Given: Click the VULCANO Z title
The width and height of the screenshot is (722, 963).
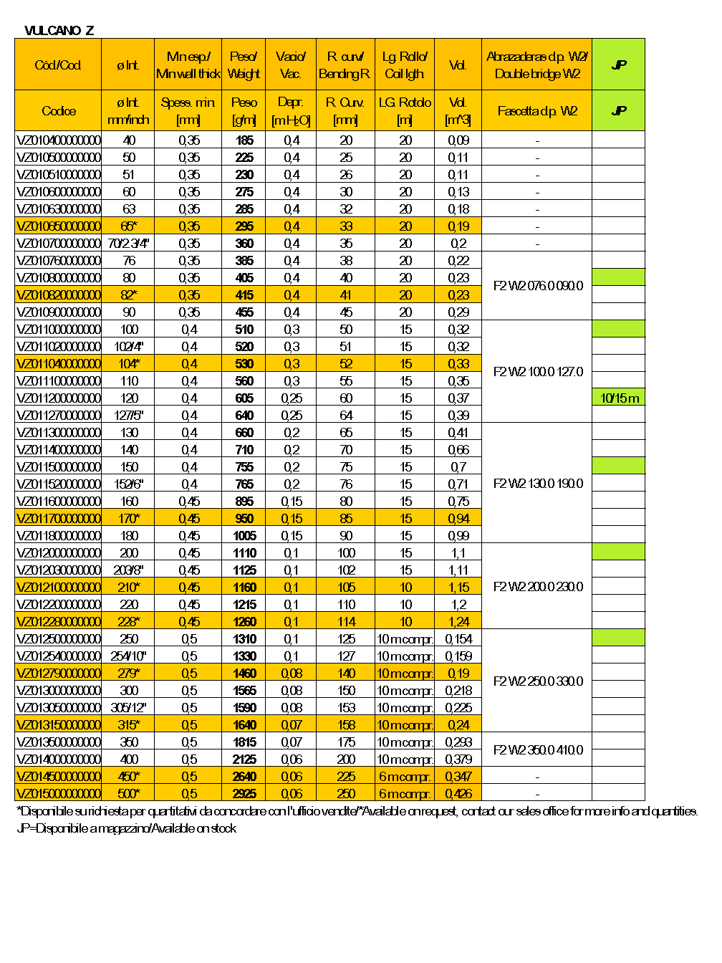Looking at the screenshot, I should [59, 30].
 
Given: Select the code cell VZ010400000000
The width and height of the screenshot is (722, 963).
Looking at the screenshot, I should [59, 140].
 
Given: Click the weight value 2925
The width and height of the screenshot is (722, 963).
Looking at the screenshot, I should [244, 794].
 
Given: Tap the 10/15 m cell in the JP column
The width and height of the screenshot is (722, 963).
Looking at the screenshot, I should [620, 398].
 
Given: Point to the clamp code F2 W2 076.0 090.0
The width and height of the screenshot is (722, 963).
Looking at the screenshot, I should [538, 286].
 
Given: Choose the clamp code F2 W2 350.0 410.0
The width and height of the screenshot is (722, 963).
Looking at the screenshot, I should [538, 750].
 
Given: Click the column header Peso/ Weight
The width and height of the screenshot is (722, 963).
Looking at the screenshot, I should [244, 65].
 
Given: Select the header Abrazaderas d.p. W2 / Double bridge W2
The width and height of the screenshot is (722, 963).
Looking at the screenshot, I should [537, 65].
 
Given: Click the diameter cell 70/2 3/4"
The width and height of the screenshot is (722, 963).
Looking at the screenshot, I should [129, 244].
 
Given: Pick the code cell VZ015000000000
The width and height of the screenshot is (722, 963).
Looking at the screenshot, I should [59, 794].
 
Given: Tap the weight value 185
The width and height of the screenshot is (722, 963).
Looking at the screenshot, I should [244, 140].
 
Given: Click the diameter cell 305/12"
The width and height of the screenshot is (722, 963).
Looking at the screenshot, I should [129, 708].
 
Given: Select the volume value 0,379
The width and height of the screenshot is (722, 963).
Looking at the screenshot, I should [458, 760].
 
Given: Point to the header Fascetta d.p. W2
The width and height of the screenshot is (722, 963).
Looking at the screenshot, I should [537, 111].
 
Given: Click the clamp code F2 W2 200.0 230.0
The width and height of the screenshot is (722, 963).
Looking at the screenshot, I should [538, 587].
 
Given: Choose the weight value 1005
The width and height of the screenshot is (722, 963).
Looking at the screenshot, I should [244, 536].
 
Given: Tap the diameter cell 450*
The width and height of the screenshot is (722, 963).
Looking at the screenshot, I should [129, 777].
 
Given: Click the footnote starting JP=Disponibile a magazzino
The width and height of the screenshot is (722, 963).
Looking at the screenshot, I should [126, 828].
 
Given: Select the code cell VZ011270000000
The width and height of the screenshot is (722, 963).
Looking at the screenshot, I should [59, 416].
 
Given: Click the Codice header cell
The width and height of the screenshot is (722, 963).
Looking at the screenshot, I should [59, 111].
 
